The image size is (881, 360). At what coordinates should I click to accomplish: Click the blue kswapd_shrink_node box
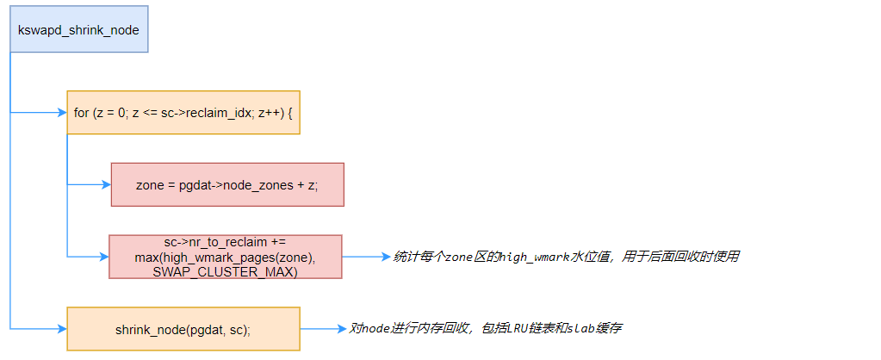(78, 29)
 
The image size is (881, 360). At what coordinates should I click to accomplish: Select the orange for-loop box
(183, 112)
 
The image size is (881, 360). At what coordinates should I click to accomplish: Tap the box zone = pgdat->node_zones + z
(227, 184)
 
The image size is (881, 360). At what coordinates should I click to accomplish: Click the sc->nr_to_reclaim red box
(226, 257)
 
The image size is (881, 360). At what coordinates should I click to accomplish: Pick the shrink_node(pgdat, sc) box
(183, 329)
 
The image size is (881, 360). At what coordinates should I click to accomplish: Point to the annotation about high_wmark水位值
(567, 257)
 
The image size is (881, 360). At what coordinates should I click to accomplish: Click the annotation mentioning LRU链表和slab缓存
(486, 328)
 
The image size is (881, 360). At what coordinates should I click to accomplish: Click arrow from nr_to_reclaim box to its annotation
(366, 257)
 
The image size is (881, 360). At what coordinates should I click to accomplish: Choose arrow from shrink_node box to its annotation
(323, 329)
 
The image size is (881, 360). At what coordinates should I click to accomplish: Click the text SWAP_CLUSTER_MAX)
(226, 271)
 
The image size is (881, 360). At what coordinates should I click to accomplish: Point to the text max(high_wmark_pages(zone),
(226, 258)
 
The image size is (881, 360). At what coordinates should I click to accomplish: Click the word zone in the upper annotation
(459, 257)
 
